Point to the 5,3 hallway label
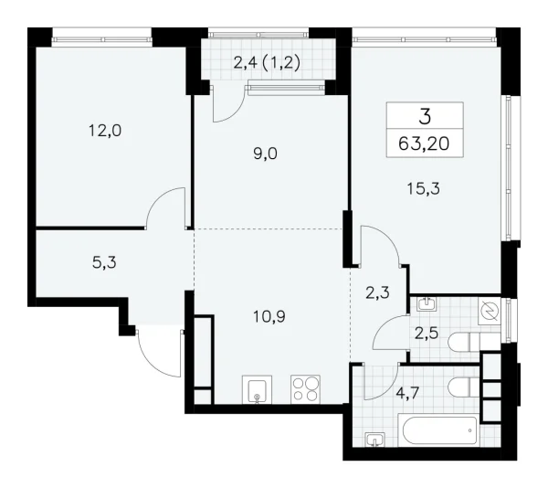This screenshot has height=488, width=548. tap(105, 263)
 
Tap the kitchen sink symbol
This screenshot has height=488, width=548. tap(258, 390)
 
